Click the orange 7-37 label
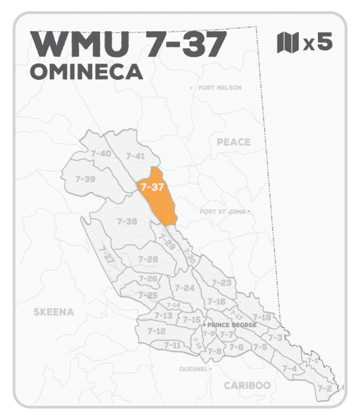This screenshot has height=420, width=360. [x=151, y=187]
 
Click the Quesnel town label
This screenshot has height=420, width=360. [x=191, y=368]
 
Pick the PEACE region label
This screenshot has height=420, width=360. [x=233, y=142]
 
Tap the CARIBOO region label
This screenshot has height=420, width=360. [x=247, y=385]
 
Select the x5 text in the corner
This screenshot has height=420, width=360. [x=317, y=43]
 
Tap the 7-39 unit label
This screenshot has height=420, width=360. [x=86, y=179]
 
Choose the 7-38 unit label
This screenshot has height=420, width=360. [x=127, y=221]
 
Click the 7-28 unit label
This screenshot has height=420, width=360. [x=148, y=259]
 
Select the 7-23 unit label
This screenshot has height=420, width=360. [x=222, y=283]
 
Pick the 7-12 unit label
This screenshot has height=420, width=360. [x=156, y=331]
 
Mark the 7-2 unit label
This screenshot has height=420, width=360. [x=325, y=388]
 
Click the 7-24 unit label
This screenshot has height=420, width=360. [x=185, y=288]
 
